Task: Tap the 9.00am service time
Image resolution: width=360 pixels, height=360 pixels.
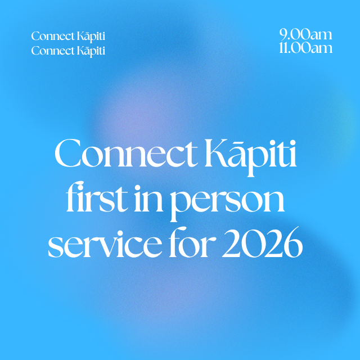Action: coord(306,35)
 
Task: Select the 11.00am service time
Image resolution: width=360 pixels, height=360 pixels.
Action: coord(305,48)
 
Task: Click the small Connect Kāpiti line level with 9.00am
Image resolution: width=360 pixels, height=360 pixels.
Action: coord(68,37)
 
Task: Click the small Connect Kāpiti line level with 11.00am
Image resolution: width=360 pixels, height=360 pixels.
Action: coord(68,51)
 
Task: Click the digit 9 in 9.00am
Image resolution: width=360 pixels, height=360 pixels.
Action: coord(284,35)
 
